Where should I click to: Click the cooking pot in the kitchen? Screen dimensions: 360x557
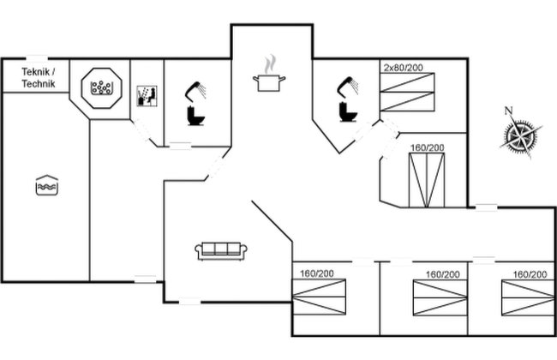[267, 81]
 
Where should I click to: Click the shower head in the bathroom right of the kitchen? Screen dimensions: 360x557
[350, 84]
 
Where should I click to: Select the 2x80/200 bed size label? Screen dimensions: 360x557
[402, 66]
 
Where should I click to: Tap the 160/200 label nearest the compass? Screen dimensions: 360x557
[427, 147]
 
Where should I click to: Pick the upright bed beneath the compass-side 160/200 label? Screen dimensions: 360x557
[427, 179]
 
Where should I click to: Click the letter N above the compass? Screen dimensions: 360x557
[508, 110]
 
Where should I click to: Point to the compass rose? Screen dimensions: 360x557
[520, 135]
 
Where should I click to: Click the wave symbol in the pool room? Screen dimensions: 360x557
[46, 184]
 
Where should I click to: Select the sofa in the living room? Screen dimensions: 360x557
[222, 250]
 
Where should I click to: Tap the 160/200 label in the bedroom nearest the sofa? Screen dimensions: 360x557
[317, 273]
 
